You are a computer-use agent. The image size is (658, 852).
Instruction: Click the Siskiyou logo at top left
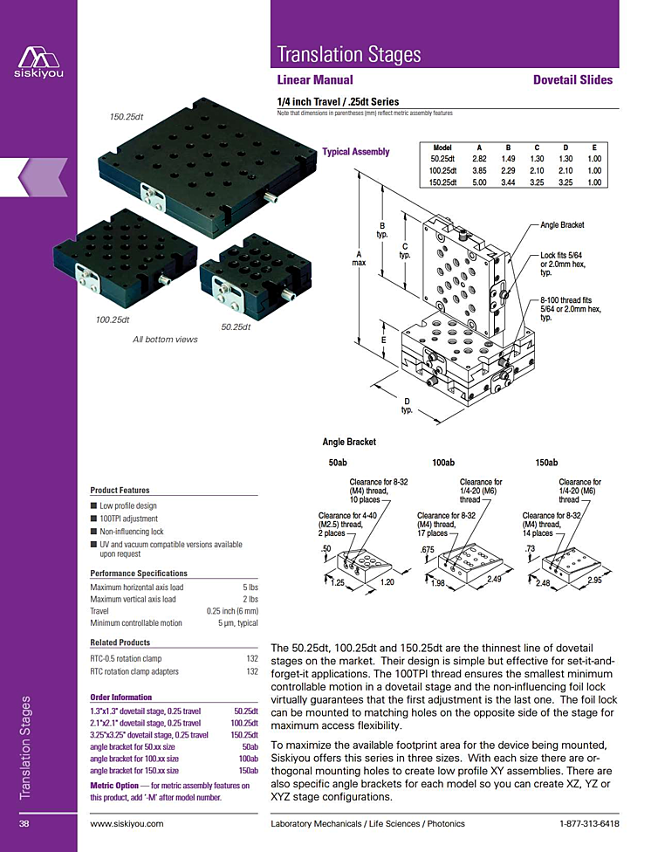tap(38, 58)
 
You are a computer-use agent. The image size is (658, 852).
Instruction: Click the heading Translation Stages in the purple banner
tap(348, 54)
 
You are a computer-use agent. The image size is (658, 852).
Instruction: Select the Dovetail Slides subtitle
tap(572, 79)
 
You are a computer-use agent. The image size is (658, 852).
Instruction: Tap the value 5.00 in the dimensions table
tap(479, 182)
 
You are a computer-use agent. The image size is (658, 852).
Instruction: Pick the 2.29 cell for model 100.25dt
tap(508, 171)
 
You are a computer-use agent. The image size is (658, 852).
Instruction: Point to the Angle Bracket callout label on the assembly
tap(562, 225)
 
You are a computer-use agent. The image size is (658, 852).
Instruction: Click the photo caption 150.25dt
tap(127, 116)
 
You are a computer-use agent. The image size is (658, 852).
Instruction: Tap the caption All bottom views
tap(165, 340)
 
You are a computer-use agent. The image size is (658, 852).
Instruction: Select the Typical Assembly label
tap(355, 152)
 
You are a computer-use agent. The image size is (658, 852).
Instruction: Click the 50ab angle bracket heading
tap(338, 462)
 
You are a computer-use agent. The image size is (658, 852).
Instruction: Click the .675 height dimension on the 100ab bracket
tap(428, 549)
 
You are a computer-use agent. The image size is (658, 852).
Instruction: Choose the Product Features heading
tap(120, 490)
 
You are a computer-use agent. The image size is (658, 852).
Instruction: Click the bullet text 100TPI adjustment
tap(128, 519)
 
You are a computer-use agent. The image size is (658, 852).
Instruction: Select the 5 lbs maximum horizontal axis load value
tap(250, 587)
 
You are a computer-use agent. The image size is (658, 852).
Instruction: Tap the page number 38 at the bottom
tap(25, 823)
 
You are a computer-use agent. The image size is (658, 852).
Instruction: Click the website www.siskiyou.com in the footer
tap(127, 823)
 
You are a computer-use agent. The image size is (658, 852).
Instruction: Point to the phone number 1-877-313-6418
tap(589, 823)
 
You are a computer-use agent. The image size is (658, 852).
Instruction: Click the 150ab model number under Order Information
tap(249, 771)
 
